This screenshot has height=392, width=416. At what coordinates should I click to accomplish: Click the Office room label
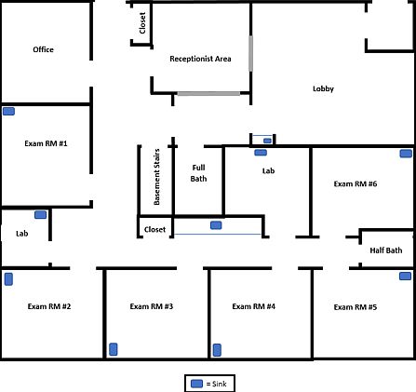coord(43,49)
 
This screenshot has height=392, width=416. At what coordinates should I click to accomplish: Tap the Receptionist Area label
coord(200,59)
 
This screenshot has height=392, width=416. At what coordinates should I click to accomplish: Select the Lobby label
coord(323,88)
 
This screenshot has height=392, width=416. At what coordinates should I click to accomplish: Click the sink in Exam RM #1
coord(8,111)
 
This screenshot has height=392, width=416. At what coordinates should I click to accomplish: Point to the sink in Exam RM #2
coord(8,277)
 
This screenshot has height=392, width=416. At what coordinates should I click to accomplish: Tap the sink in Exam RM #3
coord(114,349)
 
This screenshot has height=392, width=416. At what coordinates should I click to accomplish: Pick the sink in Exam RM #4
coord(217,349)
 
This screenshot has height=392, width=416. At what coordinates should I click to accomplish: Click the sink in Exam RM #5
coord(405,276)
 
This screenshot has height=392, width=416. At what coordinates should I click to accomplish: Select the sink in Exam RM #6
coord(406,154)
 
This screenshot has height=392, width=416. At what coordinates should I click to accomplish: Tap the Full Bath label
coord(198,172)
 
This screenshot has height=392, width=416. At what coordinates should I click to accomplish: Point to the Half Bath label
coord(386,250)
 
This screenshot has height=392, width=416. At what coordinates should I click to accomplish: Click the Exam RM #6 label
coord(356,183)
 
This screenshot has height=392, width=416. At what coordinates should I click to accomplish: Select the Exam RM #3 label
coord(152,306)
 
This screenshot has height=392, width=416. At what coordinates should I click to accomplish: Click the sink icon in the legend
coord(196,383)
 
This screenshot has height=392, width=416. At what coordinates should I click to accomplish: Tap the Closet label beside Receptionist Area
coord(141,24)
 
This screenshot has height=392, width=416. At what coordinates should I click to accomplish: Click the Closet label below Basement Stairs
coord(154,229)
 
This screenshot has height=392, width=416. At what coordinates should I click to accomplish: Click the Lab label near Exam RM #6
coord(269,170)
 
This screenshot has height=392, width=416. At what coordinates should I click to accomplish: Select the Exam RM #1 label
coord(47,144)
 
